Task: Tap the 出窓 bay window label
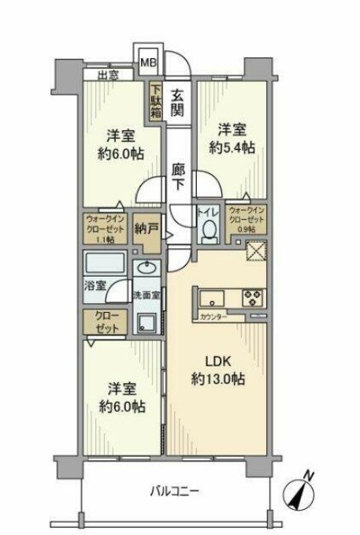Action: tap(109, 76)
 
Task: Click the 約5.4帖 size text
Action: tap(232, 147)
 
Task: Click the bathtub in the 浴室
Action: tap(107, 262)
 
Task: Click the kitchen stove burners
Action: tap(254, 298)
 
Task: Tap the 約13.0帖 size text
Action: tap(217, 380)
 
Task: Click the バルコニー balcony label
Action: tap(176, 491)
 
